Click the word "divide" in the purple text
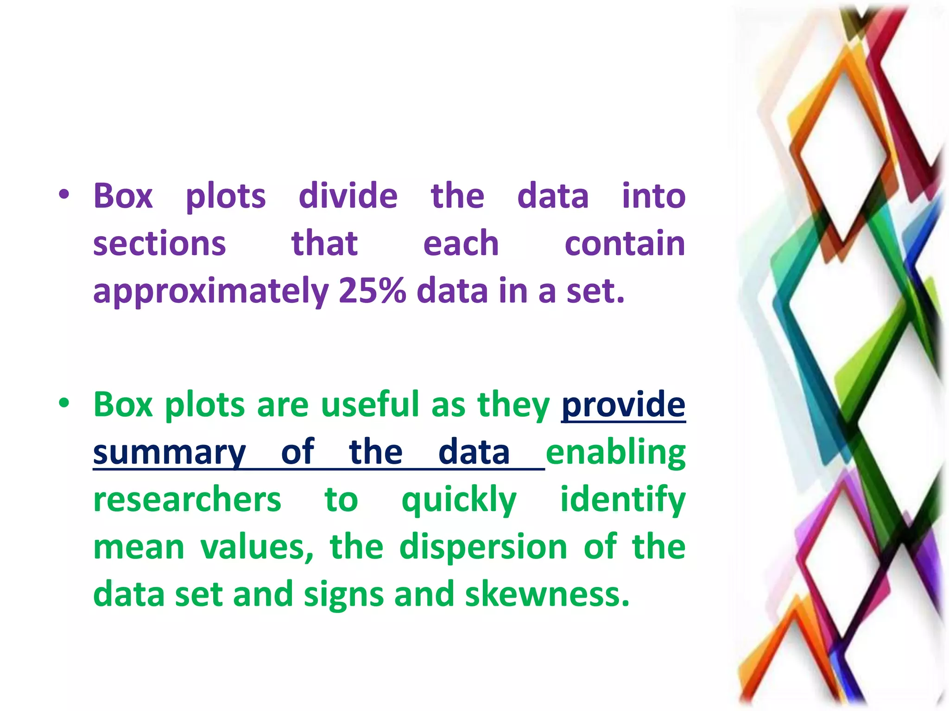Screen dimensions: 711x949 [x=348, y=196]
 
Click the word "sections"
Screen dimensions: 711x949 [x=159, y=244]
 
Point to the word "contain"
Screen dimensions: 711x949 [x=625, y=244]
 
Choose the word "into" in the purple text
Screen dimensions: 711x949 [x=653, y=196]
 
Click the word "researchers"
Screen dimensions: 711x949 [x=187, y=500]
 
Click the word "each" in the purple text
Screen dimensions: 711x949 [x=461, y=244]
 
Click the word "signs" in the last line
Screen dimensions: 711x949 [x=344, y=596]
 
